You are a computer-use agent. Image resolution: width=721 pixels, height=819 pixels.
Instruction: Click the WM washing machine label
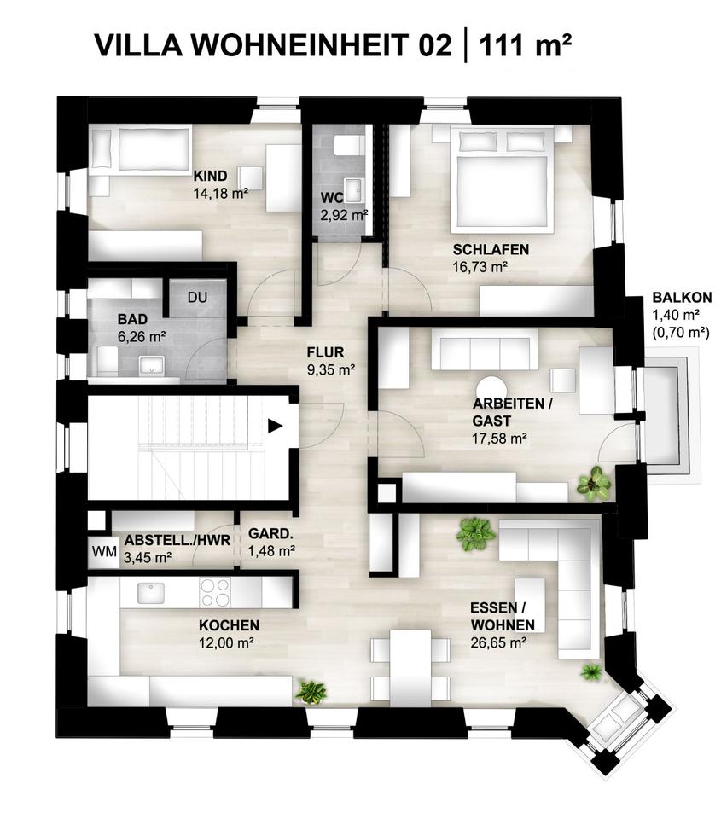tap(104, 551)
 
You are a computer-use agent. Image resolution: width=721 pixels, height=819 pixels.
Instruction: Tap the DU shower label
tap(197, 298)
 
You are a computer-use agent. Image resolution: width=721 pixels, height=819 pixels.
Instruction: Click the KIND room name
tap(209, 176)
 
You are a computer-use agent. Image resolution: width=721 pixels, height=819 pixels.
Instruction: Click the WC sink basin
tap(351, 188)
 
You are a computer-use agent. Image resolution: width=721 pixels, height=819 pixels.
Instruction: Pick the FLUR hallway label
tap(326, 351)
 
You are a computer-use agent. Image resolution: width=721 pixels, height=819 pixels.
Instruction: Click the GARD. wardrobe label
tap(271, 534)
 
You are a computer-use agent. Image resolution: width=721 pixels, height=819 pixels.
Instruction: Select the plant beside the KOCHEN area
tap(310, 691)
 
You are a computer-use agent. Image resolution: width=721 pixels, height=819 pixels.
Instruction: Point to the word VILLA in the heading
tap(137, 45)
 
